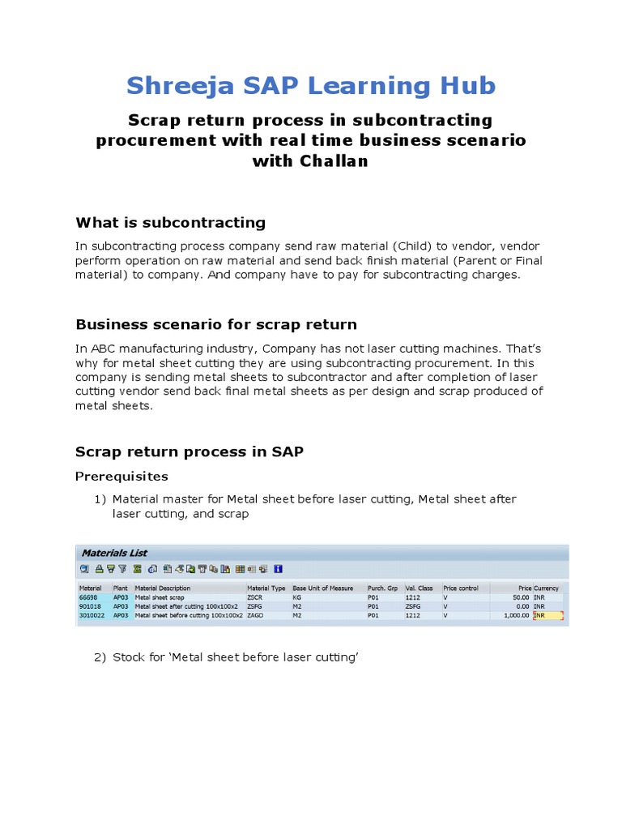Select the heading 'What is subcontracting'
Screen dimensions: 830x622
170,223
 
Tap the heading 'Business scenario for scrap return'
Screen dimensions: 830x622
215,324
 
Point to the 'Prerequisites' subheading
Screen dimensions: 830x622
121,476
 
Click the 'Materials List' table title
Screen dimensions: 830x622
114,553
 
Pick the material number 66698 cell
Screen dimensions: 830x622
89,597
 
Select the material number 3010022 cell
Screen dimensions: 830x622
92,615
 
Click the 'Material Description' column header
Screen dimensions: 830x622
163,588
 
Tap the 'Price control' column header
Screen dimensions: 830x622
461,588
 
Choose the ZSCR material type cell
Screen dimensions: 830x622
256,597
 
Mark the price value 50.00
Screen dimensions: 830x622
520,597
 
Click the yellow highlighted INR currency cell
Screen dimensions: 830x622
547,615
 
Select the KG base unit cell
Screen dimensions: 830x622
297,597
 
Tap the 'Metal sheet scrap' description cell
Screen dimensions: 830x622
160,597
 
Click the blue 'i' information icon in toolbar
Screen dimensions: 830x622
278,569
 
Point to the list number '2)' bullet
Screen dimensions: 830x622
100,657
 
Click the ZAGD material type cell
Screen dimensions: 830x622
256,615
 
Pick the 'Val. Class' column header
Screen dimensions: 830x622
419,588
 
